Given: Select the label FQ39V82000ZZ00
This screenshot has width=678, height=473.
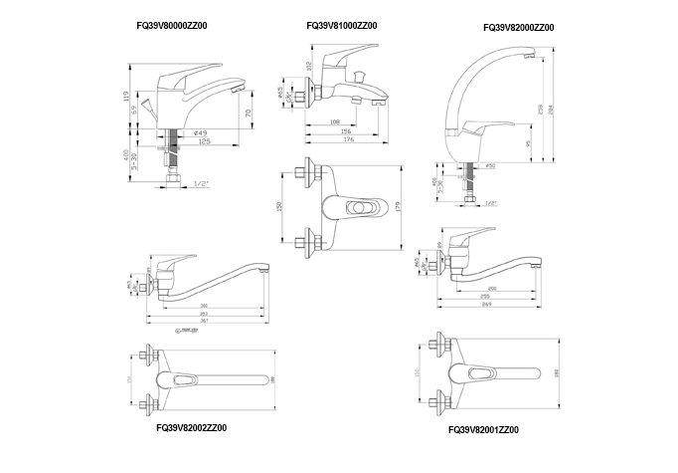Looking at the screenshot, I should (518, 29).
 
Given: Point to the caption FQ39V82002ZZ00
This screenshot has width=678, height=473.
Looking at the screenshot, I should (191, 427).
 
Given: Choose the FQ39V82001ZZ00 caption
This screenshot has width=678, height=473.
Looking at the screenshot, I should (484, 430).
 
